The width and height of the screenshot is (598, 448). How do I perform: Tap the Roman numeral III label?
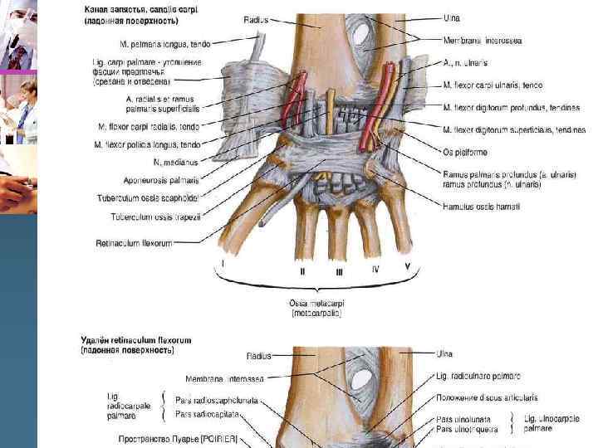click(x=339, y=271)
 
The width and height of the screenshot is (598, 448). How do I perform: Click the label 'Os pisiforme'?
click(x=465, y=153)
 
